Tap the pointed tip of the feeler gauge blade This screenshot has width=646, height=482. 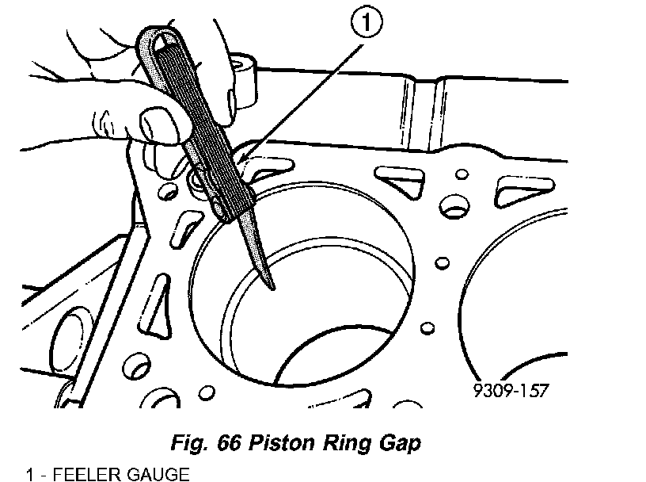coord(273,289)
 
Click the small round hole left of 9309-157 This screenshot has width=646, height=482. coord(427,327)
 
